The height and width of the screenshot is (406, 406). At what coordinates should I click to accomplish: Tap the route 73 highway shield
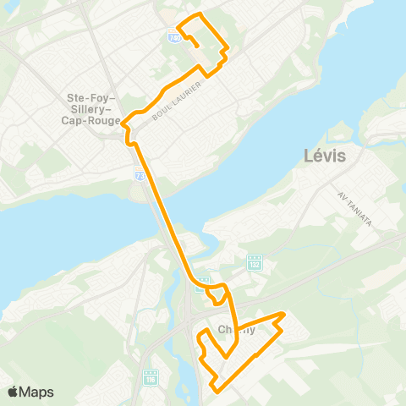pyautogui.click(x=139, y=173)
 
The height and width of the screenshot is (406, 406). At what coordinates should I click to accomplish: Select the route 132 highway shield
pyautogui.click(x=255, y=264)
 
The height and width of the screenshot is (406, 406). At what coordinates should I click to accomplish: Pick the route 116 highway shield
pyautogui.click(x=151, y=375)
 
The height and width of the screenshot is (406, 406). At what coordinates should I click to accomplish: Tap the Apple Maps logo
pyautogui.click(x=14, y=392)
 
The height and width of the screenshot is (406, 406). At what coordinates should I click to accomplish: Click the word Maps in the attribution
pyautogui.click(x=36, y=392)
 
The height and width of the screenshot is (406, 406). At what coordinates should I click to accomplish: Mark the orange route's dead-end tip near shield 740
pyautogui.click(x=198, y=47)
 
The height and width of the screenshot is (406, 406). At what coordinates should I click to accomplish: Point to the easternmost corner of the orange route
pyautogui.click(x=284, y=315)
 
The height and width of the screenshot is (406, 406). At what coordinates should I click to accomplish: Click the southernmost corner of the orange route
pyautogui.click(x=217, y=391)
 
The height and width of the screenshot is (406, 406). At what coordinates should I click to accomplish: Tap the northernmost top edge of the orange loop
pyautogui.click(x=200, y=15)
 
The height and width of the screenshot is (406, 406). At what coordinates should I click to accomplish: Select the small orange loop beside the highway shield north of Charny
pyautogui.click(x=218, y=294)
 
